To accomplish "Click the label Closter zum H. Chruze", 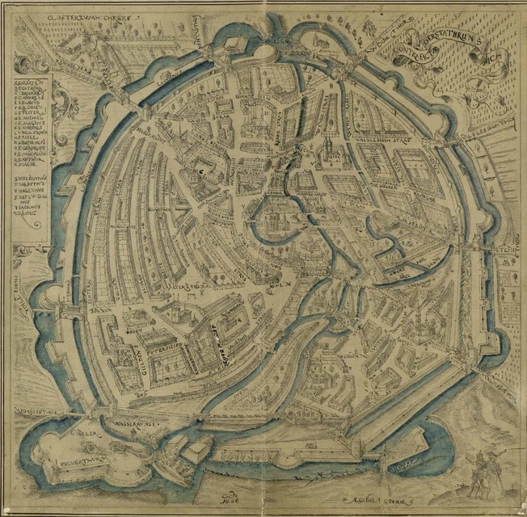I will tap(86, 14).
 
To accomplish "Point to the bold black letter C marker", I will tap(202, 171).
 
